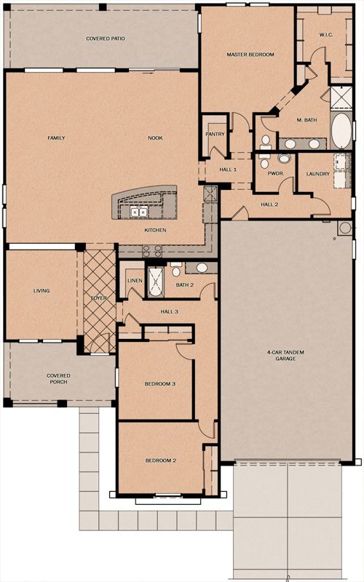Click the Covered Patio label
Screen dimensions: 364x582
[x=106, y=39]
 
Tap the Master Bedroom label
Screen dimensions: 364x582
[x=250, y=55]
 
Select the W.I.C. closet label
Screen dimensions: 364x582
[x=326, y=35]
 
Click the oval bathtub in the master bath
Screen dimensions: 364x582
[x=341, y=131]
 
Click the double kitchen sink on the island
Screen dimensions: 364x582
[x=138, y=212]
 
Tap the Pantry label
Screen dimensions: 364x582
[x=215, y=134]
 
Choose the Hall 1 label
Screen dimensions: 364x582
[x=228, y=170]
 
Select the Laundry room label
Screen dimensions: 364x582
[x=318, y=174]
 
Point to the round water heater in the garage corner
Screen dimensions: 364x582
[x=345, y=228]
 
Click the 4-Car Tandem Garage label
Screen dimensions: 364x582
[x=285, y=356]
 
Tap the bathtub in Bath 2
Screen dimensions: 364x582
[x=156, y=282]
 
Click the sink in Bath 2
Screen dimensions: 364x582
[x=202, y=268]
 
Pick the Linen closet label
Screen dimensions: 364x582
[x=135, y=281]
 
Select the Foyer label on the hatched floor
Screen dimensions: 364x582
[x=99, y=298]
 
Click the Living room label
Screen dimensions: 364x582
[x=41, y=290]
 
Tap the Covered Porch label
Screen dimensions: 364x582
[x=58, y=378]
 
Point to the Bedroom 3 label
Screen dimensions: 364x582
[x=159, y=384]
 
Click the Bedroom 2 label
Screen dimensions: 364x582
[x=160, y=461]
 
